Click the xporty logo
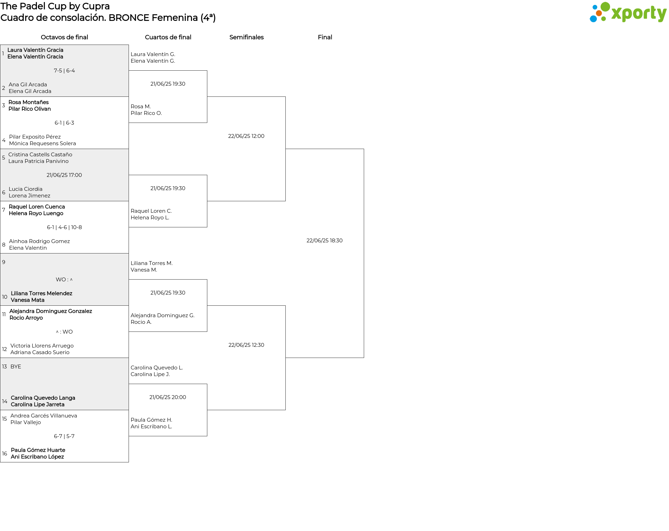click(x=628, y=12)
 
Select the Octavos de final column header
click(x=64, y=37)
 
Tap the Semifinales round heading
click(x=246, y=37)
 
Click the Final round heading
click(x=325, y=37)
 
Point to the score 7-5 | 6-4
click(x=64, y=71)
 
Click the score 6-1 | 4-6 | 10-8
click(x=64, y=227)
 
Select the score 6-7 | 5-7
click(x=64, y=436)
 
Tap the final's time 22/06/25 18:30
click(x=324, y=241)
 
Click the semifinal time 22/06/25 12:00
click(x=246, y=136)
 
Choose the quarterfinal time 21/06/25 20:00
click(x=168, y=397)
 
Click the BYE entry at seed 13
click(x=16, y=367)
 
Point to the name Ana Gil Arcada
click(x=28, y=85)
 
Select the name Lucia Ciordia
click(x=25, y=189)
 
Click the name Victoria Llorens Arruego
click(x=42, y=346)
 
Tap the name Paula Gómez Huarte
click(x=38, y=450)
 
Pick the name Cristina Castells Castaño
click(x=40, y=155)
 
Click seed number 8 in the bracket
click(x=4, y=245)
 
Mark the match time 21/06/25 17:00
click(x=64, y=175)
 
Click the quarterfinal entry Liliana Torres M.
click(x=152, y=263)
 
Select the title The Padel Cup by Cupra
click(x=55, y=6)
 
